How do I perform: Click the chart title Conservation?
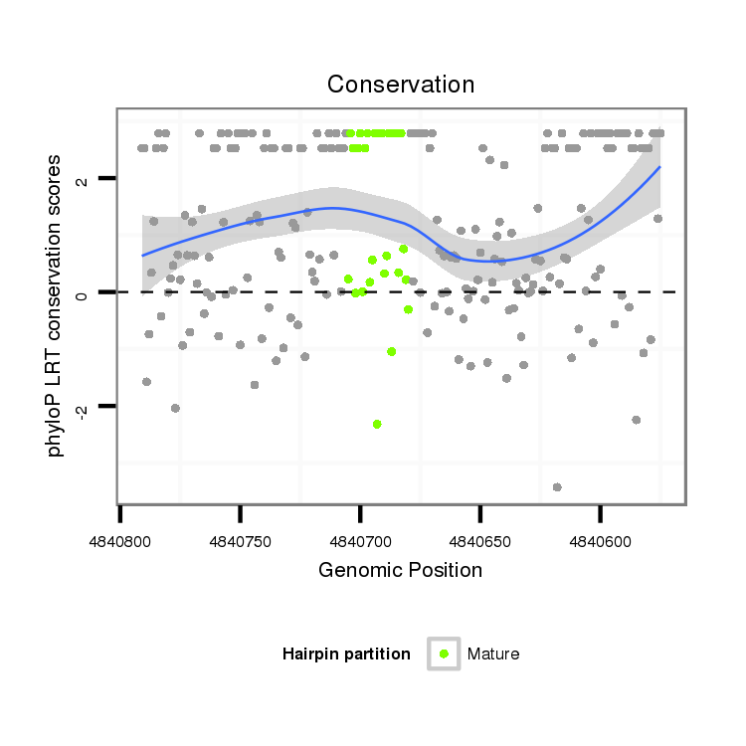click(401, 85)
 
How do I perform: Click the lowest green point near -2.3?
click(377, 424)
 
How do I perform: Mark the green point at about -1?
click(392, 351)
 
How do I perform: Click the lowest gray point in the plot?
click(557, 486)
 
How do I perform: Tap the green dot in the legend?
click(444, 653)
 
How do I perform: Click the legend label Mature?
click(493, 653)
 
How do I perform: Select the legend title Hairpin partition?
click(346, 653)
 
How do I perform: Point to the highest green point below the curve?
click(404, 249)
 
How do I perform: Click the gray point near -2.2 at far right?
click(637, 420)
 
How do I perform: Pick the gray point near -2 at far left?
click(175, 408)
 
